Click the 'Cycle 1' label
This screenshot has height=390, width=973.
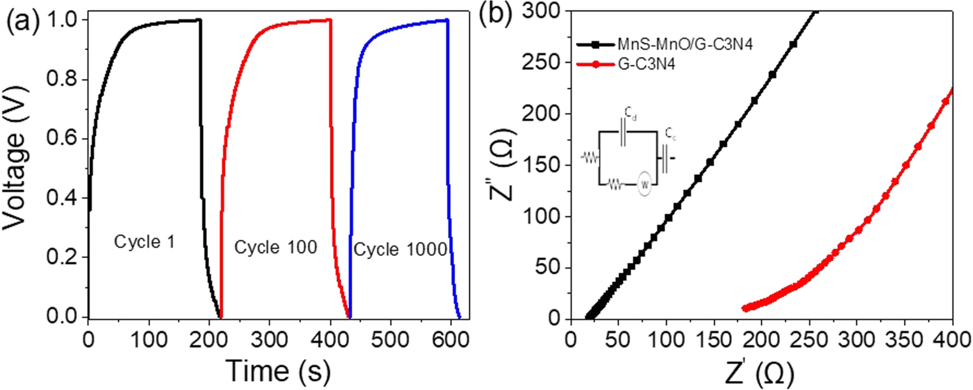144,242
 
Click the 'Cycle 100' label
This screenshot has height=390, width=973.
275,248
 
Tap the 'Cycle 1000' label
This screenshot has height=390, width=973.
400,249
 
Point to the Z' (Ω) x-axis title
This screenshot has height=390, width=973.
760,373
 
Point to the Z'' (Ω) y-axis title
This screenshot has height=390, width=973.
501,164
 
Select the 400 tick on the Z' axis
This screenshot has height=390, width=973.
952,340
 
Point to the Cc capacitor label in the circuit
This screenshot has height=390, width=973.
671,134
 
